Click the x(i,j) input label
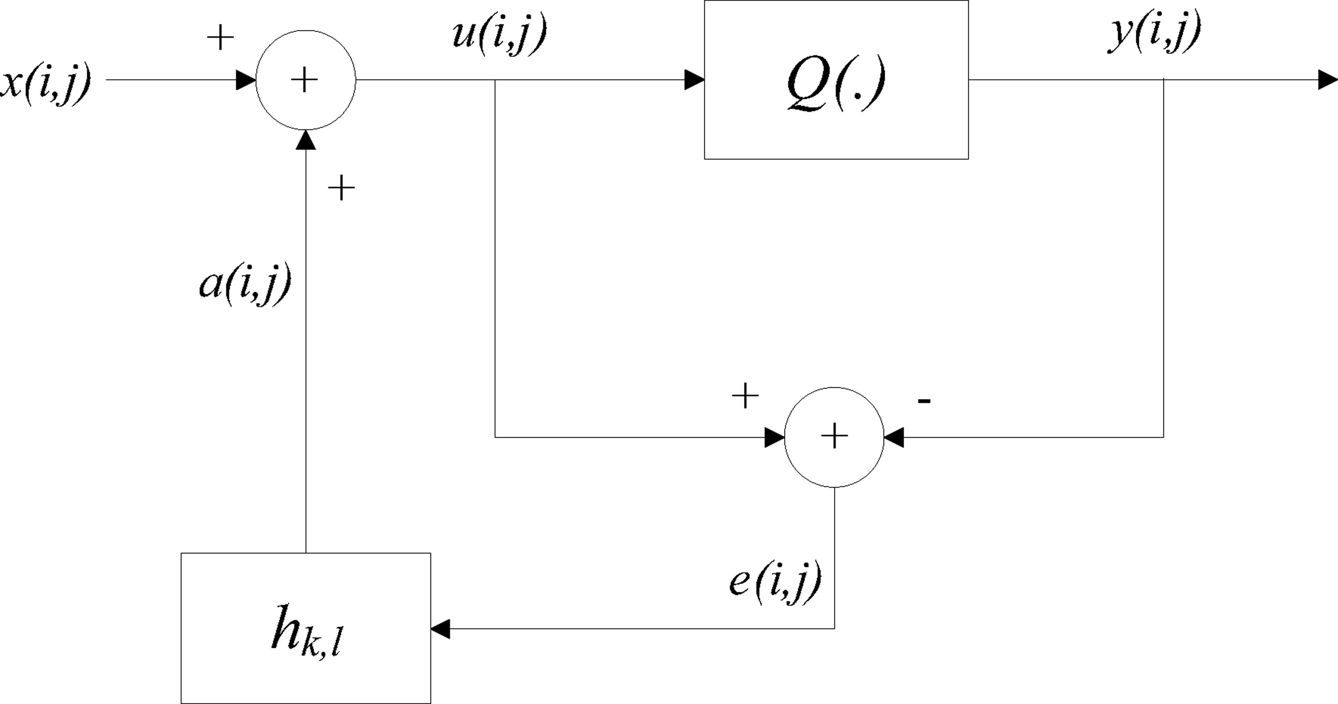point(46,83)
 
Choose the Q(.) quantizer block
point(836,80)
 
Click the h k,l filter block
point(306,628)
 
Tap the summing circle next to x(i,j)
point(306,80)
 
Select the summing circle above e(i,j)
point(834,437)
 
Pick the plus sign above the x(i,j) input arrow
point(220,38)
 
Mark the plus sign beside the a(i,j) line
point(341,188)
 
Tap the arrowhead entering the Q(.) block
point(694,80)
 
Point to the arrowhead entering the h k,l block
point(441,629)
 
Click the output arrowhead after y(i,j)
point(1328,80)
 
